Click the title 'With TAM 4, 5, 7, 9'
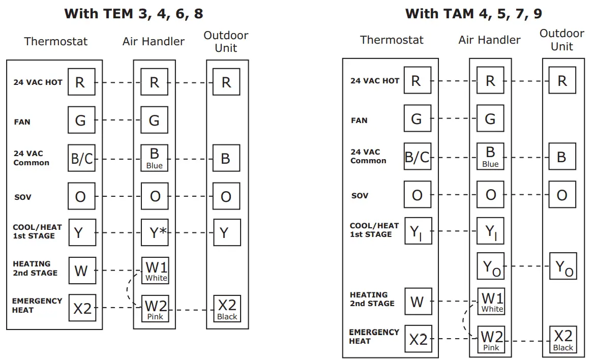(473, 13)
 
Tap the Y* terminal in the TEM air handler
(155, 233)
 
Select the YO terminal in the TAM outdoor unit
(562, 266)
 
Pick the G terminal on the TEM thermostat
(81, 121)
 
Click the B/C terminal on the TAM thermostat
(418, 157)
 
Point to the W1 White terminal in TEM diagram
(155, 270)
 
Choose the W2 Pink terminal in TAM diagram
(491, 340)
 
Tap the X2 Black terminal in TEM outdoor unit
(227, 309)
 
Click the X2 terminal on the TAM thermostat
(418, 339)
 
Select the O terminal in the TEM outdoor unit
(226, 196)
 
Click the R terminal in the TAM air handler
(490, 81)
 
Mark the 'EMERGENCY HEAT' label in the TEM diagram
(37, 306)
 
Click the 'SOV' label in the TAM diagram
(360, 196)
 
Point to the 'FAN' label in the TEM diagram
(22, 122)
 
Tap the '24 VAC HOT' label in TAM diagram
(375, 81)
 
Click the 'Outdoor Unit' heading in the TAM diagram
(562, 40)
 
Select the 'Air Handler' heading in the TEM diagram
(154, 41)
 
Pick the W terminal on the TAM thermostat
(418, 302)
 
